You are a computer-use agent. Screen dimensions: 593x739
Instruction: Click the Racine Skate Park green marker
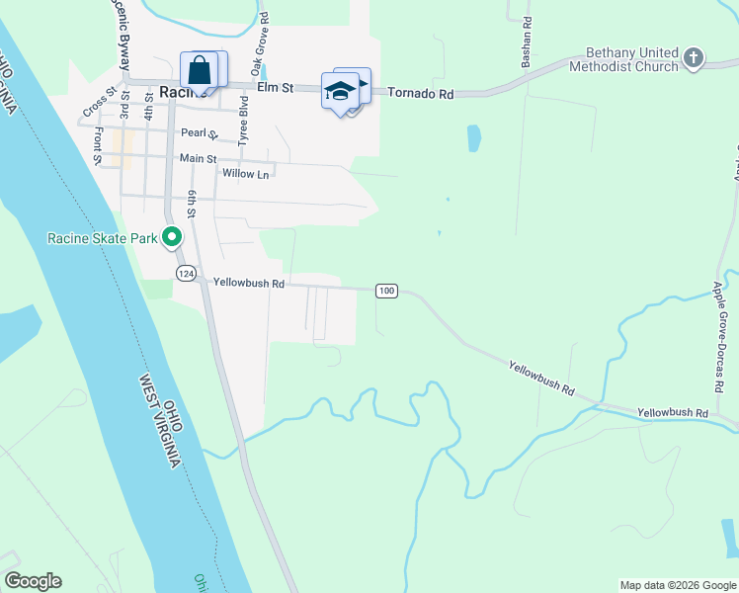tap(172, 237)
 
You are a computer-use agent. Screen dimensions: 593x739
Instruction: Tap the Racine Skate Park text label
tap(103, 238)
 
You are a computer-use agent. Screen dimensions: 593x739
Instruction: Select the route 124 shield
tap(185, 273)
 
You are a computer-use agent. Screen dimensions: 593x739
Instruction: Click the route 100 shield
tap(386, 291)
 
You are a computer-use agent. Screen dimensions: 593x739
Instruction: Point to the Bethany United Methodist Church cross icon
tap(694, 57)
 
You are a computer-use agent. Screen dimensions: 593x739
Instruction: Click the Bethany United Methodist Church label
tap(632, 59)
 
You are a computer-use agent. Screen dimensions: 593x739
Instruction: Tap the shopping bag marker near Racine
tap(200, 71)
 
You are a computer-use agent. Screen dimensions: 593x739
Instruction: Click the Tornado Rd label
tap(420, 94)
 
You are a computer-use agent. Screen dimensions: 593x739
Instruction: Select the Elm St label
tap(276, 87)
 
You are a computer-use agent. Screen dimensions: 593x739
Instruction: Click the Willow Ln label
tap(246, 174)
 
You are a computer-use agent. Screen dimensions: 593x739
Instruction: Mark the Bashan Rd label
tap(528, 35)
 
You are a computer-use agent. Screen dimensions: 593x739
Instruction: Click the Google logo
tap(33, 581)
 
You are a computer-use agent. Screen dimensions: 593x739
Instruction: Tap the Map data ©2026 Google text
tap(677, 585)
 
